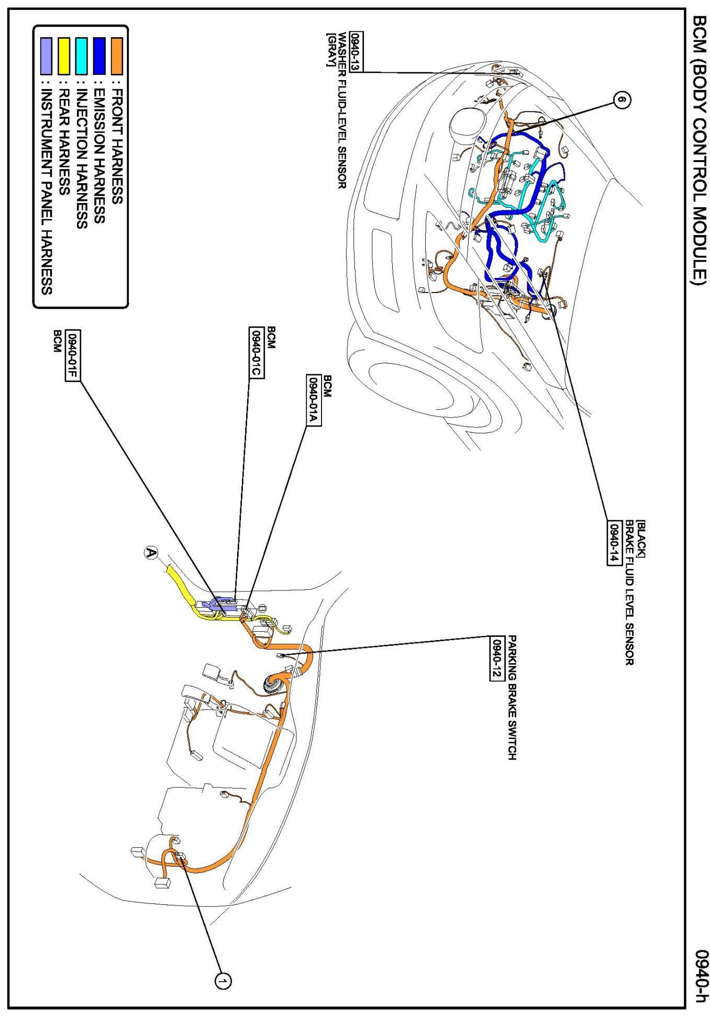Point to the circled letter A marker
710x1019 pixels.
(x=151, y=553)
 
